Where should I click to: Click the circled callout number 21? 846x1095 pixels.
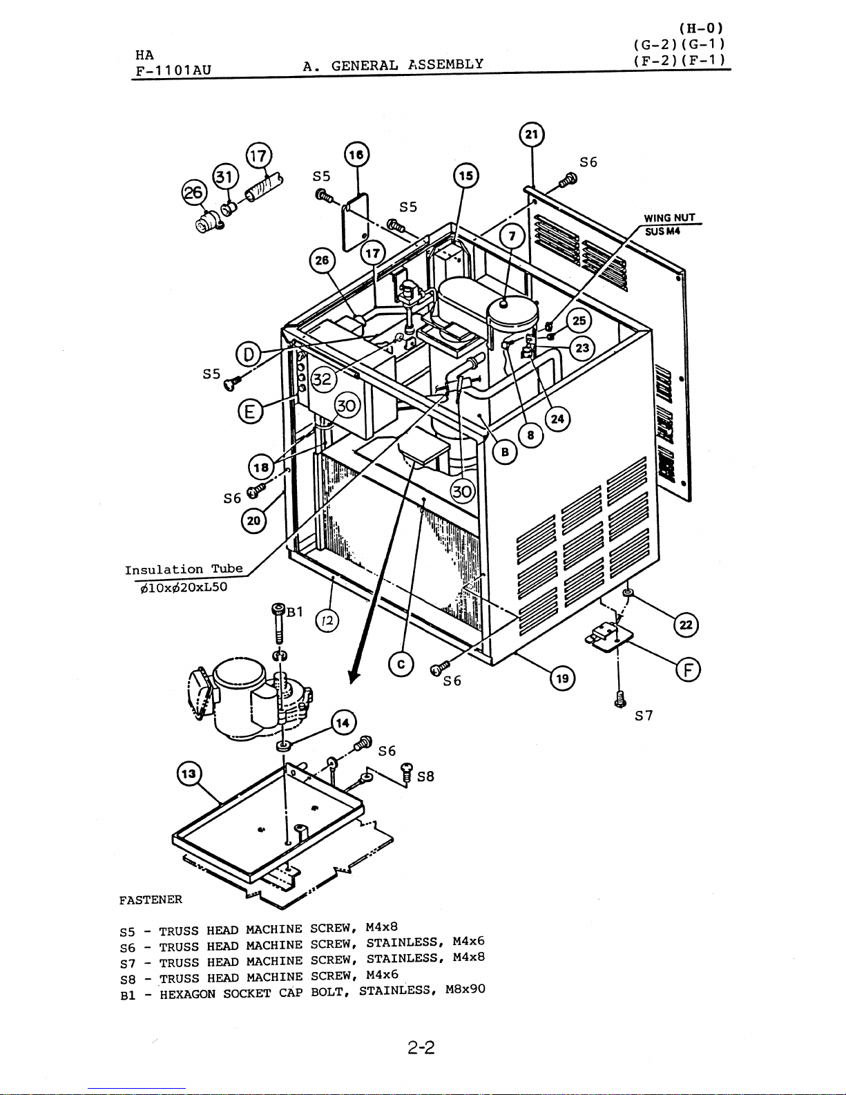pos(532,135)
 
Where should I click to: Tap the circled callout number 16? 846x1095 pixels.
pos(356,155)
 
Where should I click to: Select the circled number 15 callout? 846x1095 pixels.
pos(465,176)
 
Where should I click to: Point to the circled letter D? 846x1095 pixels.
pos(248,354)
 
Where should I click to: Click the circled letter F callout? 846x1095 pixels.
pos(688,670)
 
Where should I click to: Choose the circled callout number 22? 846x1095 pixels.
pos(686,625)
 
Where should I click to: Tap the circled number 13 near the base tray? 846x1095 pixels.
pos(189,774)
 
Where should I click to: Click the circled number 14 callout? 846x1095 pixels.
pos(343,723)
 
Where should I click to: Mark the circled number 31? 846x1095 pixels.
pos(225,177)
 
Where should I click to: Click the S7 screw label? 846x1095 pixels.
pos(644,716)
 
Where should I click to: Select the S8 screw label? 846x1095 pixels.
pos(425,777)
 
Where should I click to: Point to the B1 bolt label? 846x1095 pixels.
pos(295,611)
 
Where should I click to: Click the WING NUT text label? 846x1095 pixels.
pos(669,218)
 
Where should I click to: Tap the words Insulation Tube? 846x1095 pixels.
pos(184,569)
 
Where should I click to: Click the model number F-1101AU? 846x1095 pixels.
pos(173,70)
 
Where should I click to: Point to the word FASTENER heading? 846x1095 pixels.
pos(151,899)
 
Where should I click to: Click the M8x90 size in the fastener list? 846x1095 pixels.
pos(465,989)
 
